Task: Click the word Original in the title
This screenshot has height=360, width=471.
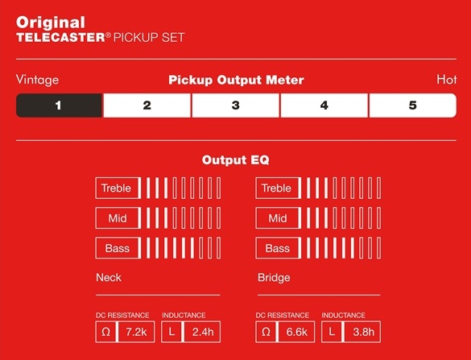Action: [x=51, y=23]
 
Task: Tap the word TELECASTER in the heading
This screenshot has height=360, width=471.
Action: [x=60, y=38]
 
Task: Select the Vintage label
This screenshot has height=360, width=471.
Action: [x=37, y=80]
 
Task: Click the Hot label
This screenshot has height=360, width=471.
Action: [x=447, y=80]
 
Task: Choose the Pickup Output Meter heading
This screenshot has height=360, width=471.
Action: [x=236, y=81]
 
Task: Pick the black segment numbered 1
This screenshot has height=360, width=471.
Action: [x=59, y=106]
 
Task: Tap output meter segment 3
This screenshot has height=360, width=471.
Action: [x=235, y=106]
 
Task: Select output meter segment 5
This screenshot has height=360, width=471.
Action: [x=413, y=106]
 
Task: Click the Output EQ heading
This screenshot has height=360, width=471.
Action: [x=235, y=160]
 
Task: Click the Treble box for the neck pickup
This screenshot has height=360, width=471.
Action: [x=118, y=188]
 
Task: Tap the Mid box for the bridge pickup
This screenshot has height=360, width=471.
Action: [x=278, y=218]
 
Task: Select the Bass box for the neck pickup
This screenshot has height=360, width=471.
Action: [x=118, y=248]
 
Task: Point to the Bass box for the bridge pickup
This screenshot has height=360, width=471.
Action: [x=278, y=248]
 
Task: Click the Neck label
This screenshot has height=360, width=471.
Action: [x=109, y=277]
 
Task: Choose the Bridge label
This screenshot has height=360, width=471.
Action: [x=274, y=278]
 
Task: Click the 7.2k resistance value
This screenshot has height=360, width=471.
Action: [x=136, y=332]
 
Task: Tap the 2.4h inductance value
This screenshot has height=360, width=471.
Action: [x=202, y=332]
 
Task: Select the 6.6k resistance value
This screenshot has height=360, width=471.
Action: [x=297, y=332]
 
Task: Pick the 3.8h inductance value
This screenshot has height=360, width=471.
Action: [x=362, y=332]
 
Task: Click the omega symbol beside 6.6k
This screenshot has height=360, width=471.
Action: [x=266, y=332]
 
